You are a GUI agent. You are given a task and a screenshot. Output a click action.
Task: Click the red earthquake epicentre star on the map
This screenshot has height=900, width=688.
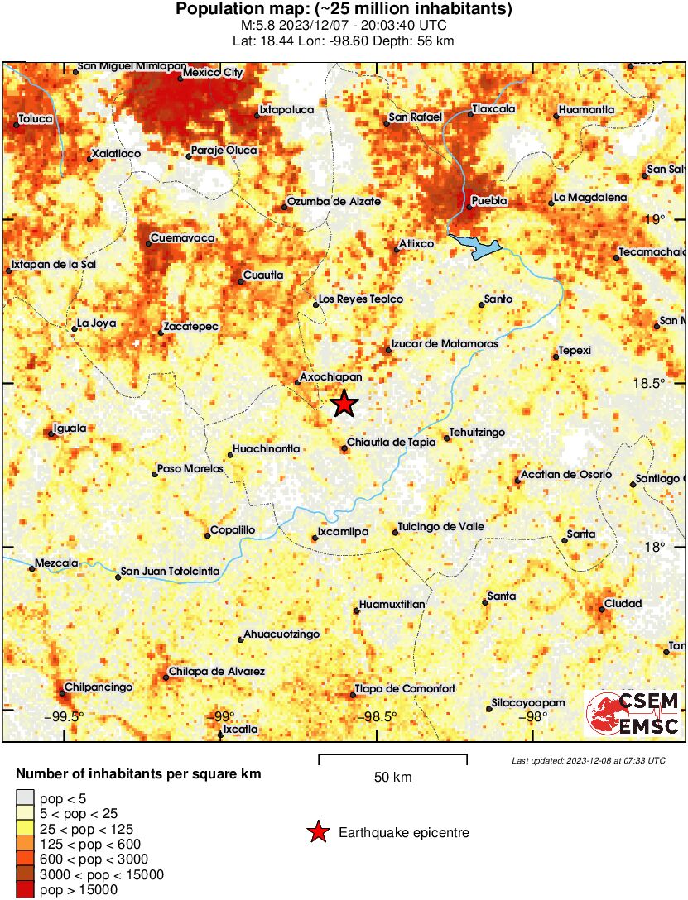[344, 404]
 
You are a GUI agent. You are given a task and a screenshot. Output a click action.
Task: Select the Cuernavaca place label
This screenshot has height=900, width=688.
[182, 239]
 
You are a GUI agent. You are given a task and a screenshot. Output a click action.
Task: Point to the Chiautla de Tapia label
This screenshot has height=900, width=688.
[391, 443]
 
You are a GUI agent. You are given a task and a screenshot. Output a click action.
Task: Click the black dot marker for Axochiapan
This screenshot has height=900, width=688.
[298, 381]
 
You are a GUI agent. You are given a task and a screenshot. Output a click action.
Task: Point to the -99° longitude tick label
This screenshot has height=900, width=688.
[221, 716]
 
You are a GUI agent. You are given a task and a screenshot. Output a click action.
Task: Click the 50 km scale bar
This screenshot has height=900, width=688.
[392, 756]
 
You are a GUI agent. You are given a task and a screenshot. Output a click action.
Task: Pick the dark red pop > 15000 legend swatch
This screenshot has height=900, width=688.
[25, 889]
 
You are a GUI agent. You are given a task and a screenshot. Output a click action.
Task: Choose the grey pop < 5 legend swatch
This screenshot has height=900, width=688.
[25, 798]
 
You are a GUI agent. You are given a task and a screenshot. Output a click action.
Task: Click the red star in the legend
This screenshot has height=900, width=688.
[317, 832]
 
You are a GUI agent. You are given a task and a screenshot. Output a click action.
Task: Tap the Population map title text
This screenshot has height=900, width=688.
[344, 10]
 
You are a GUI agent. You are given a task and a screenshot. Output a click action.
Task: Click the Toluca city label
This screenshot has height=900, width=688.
[36, 119]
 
